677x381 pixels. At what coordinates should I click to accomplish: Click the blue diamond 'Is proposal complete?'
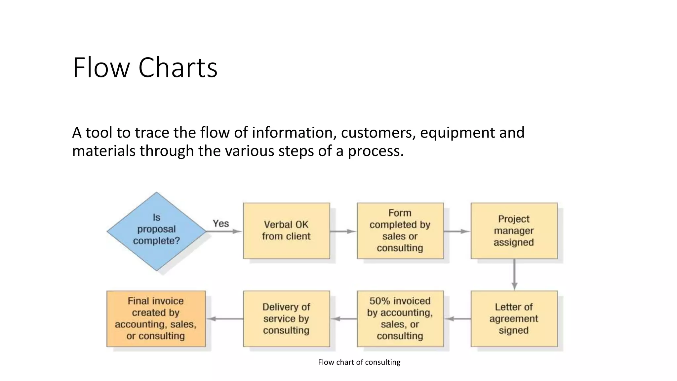[156, 231]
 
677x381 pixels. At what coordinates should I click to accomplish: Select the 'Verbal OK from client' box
[286, 231]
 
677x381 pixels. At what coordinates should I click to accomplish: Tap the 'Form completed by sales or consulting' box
[400, 231]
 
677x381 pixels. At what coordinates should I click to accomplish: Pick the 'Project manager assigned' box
[514, 231]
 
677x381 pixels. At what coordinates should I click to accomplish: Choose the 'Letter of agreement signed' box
[514, 318]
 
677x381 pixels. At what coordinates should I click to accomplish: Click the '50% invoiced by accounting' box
[400, 318]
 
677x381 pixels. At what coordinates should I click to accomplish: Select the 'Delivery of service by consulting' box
[286, 318]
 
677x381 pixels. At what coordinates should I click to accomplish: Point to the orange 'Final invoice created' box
[156, 318]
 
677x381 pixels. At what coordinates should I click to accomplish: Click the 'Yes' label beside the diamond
[221, 224]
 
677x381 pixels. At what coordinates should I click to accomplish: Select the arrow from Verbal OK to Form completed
[343, 232]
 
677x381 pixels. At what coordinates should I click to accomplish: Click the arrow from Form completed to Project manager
[457, 232]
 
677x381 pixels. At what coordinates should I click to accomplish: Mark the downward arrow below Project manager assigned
[514, 275]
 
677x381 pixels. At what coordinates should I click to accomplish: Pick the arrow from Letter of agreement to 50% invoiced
[458, 319]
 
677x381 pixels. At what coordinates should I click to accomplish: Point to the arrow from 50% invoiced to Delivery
[344, 319]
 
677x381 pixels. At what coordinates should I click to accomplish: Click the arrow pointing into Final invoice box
[225, 319]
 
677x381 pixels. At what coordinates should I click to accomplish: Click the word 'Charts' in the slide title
[178, 67]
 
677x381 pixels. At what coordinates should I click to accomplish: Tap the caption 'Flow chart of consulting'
[359, 362]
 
